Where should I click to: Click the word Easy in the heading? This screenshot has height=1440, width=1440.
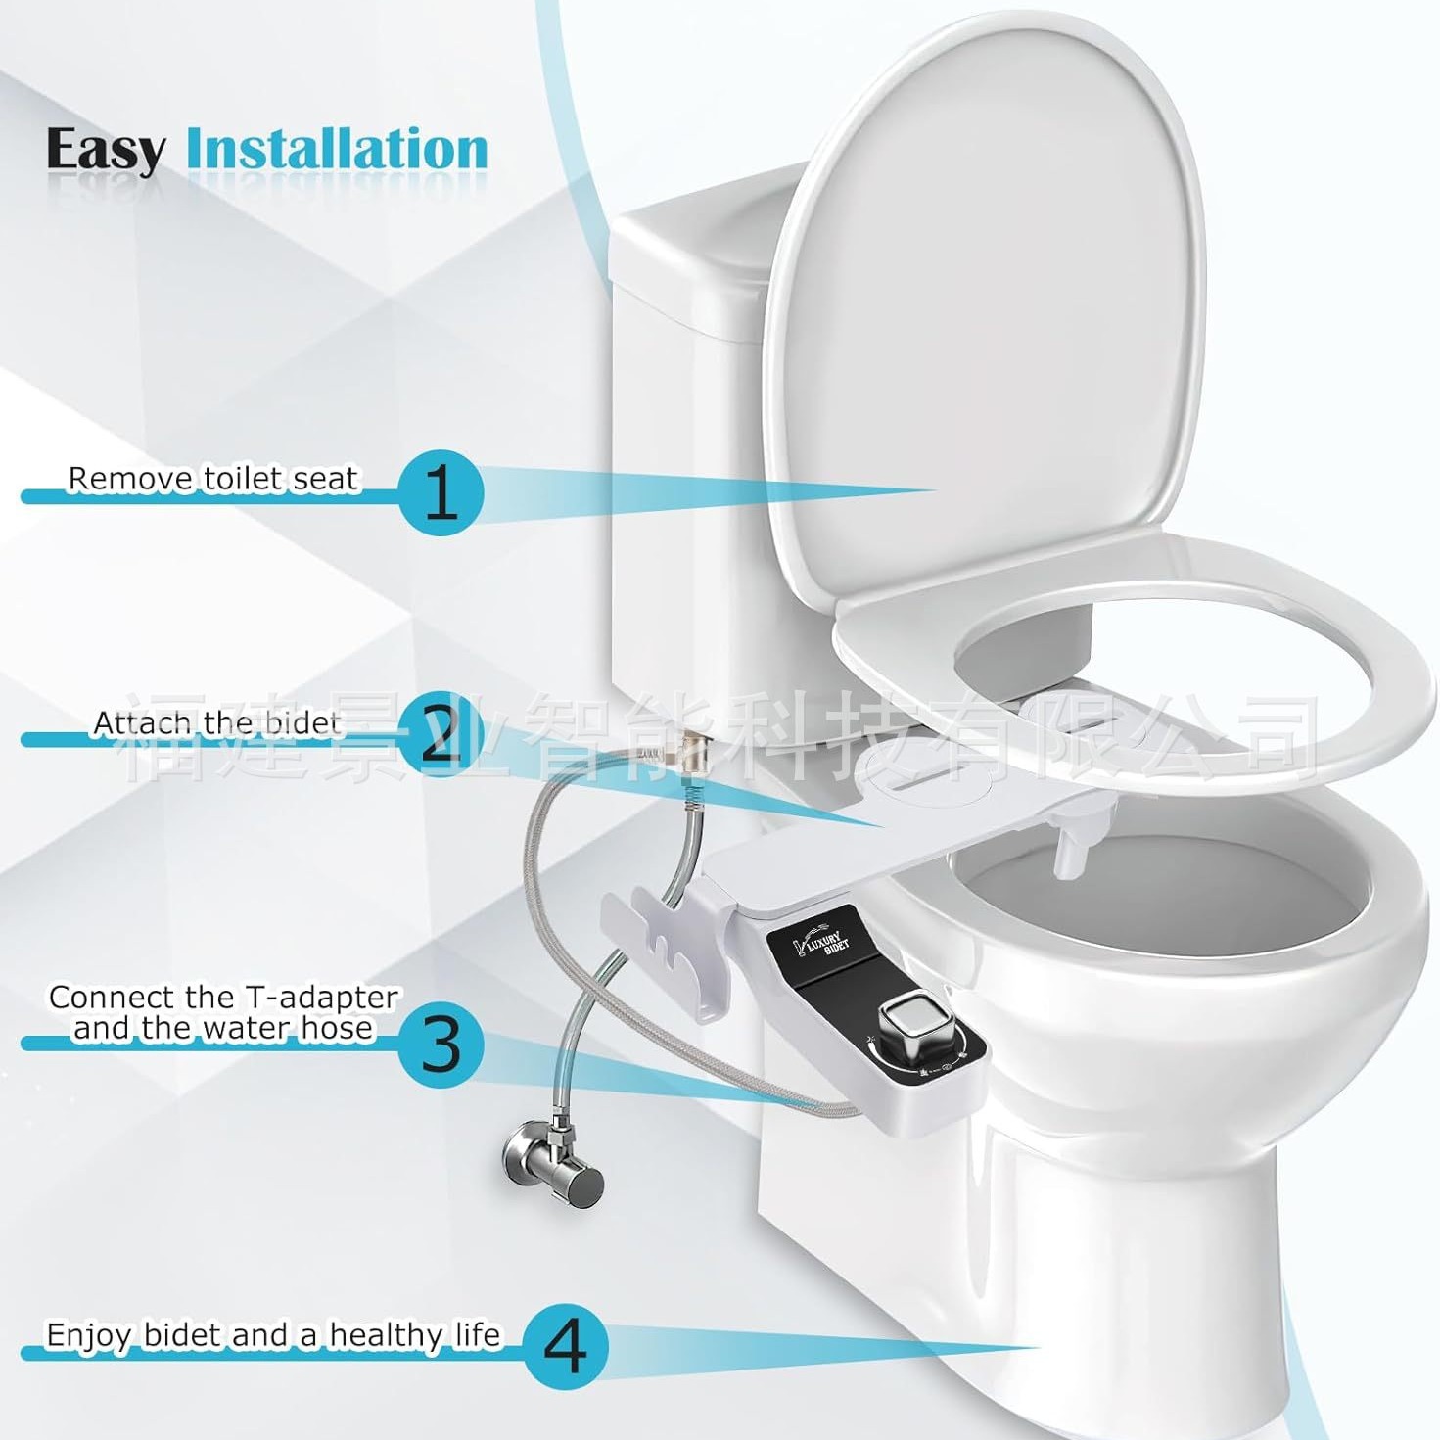(x=106, y=151)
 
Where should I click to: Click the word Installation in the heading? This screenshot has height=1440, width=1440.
(x=337, y=150)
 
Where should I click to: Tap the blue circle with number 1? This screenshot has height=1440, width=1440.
(x=441, y=492)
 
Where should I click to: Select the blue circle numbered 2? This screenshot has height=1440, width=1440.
(x=441, y=736)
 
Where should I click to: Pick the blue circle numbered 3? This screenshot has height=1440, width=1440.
(x=441, y=1044)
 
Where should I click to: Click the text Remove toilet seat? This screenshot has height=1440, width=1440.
(x=213, y=479)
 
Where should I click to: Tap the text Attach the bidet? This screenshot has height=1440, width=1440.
(x=216, y=722)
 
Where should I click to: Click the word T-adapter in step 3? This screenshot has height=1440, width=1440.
(x=321, y=998)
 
